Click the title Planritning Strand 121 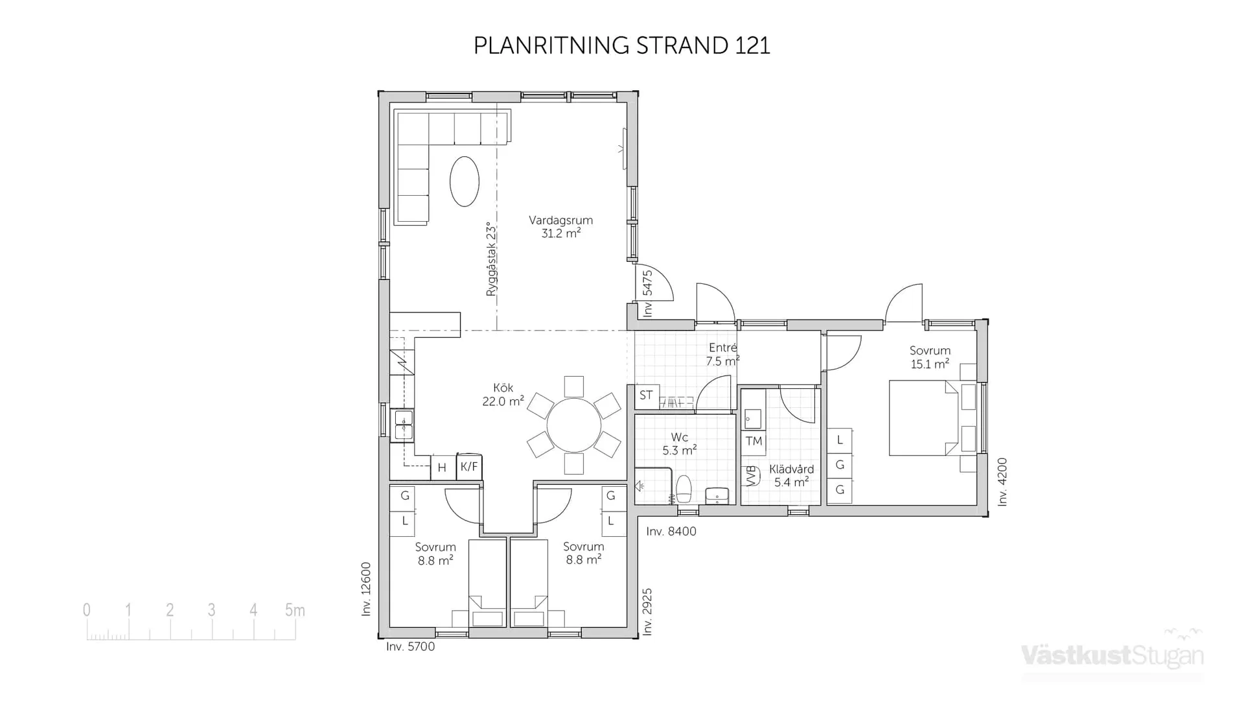point(621,45)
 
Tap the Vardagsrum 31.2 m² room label point(560,227)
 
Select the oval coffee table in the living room point(465,182)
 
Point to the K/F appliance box point(469,467)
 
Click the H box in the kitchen point(442,467)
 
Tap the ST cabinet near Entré point(646,395)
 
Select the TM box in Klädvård point(754,441)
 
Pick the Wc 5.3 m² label point(680,443)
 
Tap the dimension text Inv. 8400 point(671,532)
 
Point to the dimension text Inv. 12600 point(366,589)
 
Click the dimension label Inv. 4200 point(1002,482)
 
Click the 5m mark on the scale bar point(295,611)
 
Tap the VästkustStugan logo point(1112,655)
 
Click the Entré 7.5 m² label point(722,355)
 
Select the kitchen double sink point(404,425)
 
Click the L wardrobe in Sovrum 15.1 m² point(840,440)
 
